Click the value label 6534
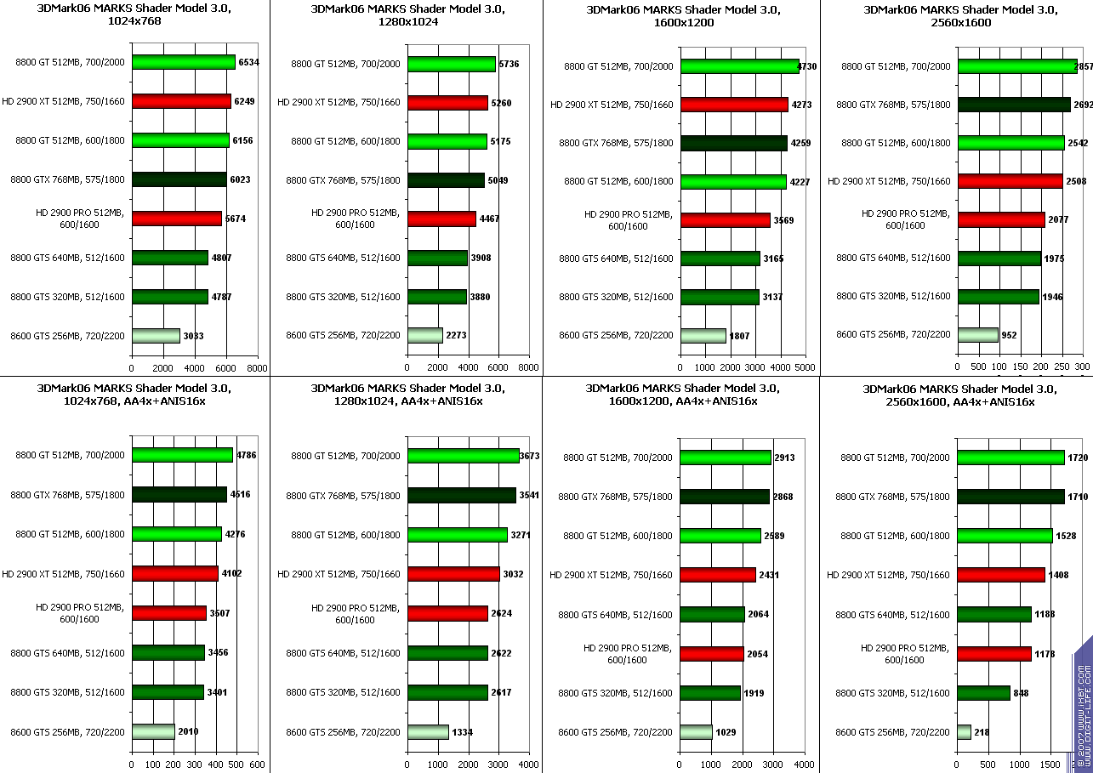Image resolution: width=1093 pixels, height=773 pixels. click(249, 62)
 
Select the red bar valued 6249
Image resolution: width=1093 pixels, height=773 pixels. click(181, 101)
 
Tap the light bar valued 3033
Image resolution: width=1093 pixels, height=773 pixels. click(156, 336)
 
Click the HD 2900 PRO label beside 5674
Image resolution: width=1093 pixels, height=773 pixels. click(82, 219)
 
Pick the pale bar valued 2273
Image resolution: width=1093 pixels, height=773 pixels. click(425, 336)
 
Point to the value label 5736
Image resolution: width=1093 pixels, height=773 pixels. click(509, 65)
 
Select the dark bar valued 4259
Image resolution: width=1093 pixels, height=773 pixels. click(734, 144)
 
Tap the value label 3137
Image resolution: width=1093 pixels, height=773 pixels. click(773, 298)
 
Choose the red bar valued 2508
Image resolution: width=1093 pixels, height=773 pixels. click(1010, 181)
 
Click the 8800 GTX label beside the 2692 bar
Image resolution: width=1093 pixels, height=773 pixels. click(893, 105)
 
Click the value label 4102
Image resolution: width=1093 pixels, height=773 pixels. click(231, 573)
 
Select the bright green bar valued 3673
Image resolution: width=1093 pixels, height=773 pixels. click(464, 456)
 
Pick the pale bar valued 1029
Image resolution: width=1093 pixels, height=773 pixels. click(696, 732)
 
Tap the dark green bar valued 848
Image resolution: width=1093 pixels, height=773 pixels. click(984, 693)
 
